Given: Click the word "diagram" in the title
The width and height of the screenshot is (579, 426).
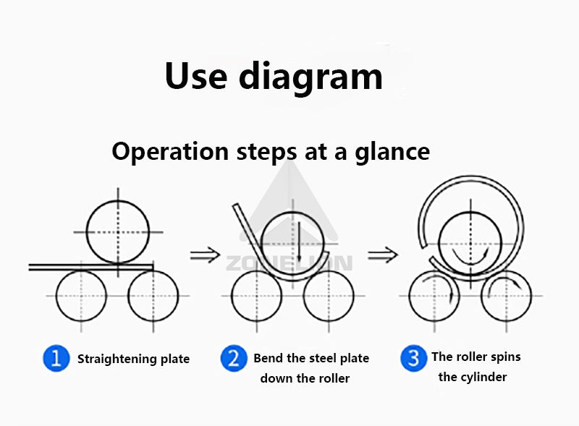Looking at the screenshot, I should (x=311, y=76).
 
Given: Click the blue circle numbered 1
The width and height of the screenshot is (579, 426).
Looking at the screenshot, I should (x=56, y=359).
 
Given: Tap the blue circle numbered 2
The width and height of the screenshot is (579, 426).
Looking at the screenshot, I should (x=233, y=359).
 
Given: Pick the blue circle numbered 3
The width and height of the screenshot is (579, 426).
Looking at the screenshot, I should (x=413, y=357).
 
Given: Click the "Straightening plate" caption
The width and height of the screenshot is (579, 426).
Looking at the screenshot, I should (x=133, y=359).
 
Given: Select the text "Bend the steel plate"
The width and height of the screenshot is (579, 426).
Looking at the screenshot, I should (x=311, y=358).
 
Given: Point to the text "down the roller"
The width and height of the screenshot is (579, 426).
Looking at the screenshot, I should (x=305, y=378).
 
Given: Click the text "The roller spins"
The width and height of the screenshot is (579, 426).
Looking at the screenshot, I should (x=476, y=357).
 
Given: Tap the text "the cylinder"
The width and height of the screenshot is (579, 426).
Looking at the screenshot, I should (x=473, y=377).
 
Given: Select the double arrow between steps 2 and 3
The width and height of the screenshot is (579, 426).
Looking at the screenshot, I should (x=382, y=254).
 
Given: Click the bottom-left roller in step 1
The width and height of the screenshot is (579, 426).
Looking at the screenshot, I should (x=81, y=296).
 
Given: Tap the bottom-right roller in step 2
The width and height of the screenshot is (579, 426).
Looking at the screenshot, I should (x=329, y=296).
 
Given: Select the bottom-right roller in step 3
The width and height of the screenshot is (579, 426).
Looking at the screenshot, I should (x=506, y=296).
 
